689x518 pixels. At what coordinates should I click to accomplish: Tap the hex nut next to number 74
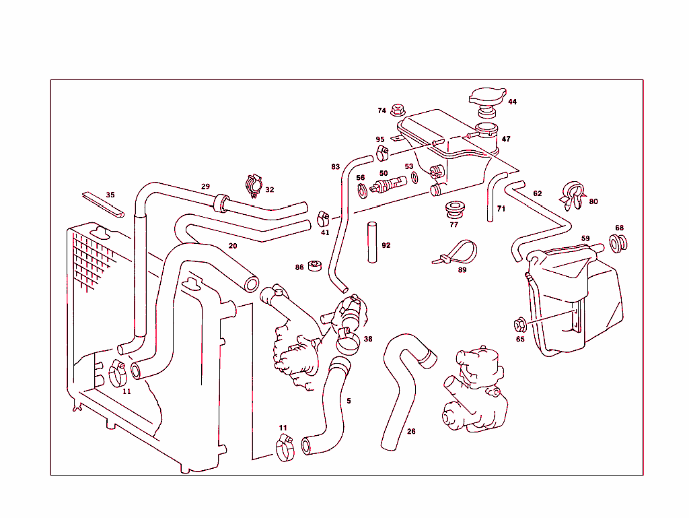(x=397, y=108)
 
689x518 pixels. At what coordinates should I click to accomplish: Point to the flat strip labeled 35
(x=103, y=204)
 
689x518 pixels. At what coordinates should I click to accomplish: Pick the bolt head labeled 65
(x=519, y=326)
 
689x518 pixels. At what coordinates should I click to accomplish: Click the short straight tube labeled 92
(x=371, y=242)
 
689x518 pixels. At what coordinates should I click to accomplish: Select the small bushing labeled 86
(x=314, y=266)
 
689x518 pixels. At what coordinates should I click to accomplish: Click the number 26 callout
(x=411, y=431)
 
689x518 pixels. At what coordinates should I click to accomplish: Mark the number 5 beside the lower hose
(x=349, y=401)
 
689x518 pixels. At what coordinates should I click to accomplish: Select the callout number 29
(x=206, y=187)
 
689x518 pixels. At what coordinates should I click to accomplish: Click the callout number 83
(x=335, y=166)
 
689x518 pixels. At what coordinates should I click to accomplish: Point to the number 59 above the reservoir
(x=585, y=238)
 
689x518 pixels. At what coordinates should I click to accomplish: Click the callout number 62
(x=537, y=193)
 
